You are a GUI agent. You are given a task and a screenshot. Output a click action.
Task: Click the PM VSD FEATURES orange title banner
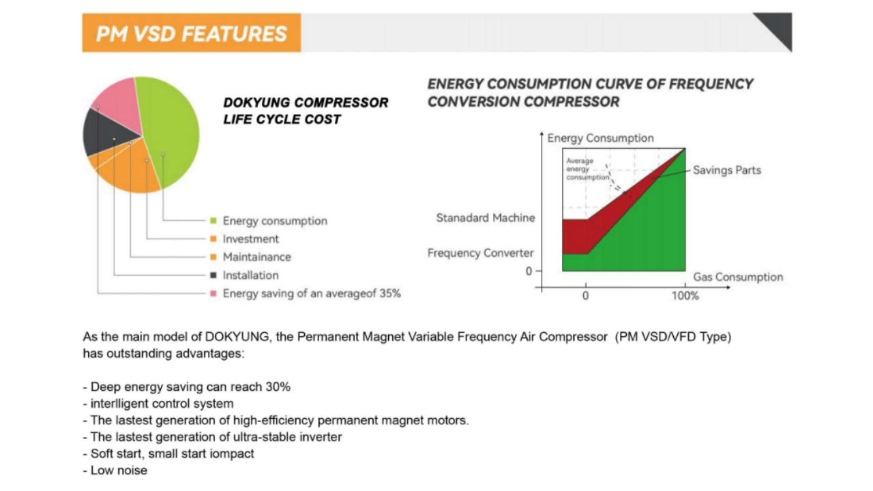coord(192,33)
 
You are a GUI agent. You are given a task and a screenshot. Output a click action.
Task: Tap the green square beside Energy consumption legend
coord(213,221)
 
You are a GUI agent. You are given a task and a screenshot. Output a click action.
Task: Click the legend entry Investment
coord(250,239)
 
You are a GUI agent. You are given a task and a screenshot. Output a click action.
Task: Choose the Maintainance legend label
coord(257,257)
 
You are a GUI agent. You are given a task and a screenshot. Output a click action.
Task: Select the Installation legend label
coord(250,276)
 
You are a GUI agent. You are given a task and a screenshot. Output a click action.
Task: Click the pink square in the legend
coord(213,293)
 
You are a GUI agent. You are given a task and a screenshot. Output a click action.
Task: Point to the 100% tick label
coord(685,296)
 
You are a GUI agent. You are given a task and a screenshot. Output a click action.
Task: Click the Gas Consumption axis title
coord(738,277)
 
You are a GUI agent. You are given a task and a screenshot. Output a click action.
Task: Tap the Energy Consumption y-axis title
coord(601,138)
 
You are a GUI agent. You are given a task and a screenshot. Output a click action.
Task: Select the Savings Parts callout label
coord(727,170)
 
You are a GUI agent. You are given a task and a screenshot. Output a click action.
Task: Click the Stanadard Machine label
coord(486,218)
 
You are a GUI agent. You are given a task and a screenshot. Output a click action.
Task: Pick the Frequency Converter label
coord(481,253)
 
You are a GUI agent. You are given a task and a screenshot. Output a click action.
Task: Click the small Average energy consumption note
coord(587,169)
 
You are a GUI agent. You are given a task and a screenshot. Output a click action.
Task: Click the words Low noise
coord(119,471)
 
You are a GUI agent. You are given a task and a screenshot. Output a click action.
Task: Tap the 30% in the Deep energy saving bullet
coord(278,387)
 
